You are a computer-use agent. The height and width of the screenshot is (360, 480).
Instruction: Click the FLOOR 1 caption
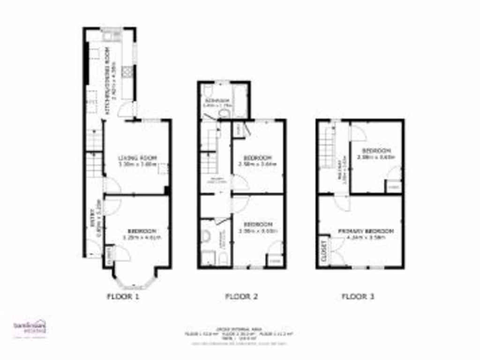pos(123,296)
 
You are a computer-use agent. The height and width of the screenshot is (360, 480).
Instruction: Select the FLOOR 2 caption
pos(242,296)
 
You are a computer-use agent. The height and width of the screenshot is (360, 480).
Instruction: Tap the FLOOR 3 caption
pos(358,296)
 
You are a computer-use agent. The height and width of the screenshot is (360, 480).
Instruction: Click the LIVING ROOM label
pos(137,158)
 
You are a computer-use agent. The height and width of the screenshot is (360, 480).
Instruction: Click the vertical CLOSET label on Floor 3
pos(323,251)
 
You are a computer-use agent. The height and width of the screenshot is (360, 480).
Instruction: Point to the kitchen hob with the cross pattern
pos(127,71)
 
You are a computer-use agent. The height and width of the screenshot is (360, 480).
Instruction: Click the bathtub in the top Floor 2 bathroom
pos(240,100)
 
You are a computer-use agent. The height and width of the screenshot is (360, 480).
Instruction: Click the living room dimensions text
pos(137,165)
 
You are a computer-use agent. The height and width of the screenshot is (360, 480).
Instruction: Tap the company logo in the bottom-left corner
pos(29,327)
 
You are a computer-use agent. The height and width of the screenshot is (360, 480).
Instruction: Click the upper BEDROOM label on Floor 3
pos(376,151)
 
